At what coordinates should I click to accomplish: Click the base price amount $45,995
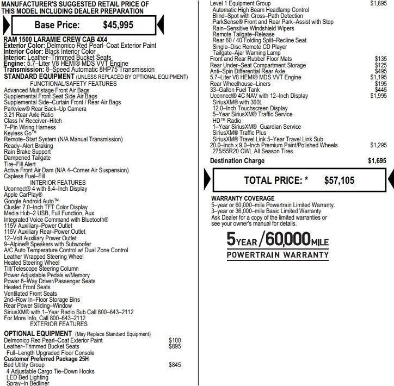pyautogui.click(x=118, y=25)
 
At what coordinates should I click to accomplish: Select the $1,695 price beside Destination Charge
pyautogui.click(x=377, y=161)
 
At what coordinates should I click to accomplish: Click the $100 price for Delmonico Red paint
pyautogui.click(x=175, y=340)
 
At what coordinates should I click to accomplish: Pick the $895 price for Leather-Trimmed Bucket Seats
pyautogui.click(x=175, y=346)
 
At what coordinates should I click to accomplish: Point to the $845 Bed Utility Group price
pyautogui.click(x=175, y=365)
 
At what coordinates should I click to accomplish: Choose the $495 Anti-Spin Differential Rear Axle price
pyautogui.click(x=380, y=71)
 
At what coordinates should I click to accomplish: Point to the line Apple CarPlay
pyautogui.click(x=23, y=194)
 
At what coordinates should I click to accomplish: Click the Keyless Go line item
pyautogui.click(x=20, y=133)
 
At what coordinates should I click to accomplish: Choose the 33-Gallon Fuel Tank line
pyautogui.click(x=235, y=90)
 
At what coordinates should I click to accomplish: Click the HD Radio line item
pyautogui.click(x=226, y=121)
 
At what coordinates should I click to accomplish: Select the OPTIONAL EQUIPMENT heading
pyautogui.click(x=38, y=333)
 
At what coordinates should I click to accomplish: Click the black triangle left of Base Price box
pyautogui.click(x=5, y=25)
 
